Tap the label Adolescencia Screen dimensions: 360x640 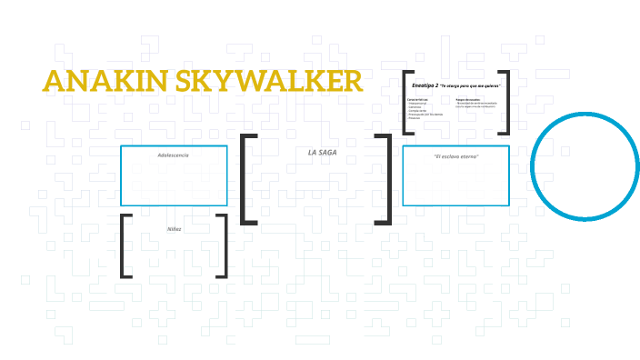pos(173,155)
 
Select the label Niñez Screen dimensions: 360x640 pos(174,228)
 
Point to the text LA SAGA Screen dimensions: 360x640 pos(323,152)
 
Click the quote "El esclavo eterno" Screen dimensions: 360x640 pos(455,156)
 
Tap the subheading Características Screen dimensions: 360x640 pos(417,99)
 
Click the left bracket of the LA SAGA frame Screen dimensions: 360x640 pos(245,178)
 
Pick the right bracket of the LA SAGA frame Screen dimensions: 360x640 pos(388,178)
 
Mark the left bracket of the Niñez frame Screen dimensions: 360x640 pos(124,245)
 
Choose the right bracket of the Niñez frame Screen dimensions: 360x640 pos(223,245)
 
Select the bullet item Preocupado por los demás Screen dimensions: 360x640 pos(424,115)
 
